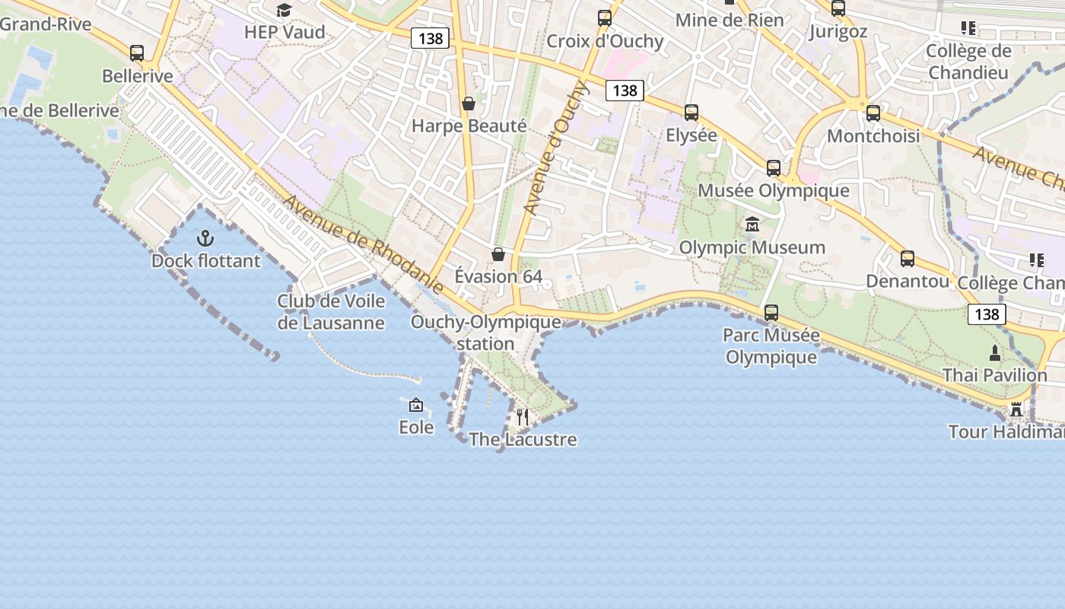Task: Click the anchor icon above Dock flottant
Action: tap(205, 238)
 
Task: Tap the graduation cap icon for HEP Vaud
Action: tap(284, 10)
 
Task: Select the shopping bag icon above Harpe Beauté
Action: tap(469, 103)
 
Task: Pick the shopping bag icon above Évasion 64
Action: tap(498, 253)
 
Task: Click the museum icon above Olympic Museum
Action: tap(752, 225)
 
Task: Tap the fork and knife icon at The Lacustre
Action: tap(523, 417)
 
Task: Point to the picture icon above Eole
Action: tap(416, 405)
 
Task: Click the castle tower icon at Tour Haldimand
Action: tap(1016, 410)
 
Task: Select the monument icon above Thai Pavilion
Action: tap(995, 353)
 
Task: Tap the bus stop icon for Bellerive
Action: tap(137, 53)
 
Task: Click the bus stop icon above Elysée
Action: tap(691, 113)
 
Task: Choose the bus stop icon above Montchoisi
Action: tap(873, 113)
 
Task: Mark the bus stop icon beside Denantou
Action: tap(908, 259)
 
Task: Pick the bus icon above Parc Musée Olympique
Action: tap(771, 312)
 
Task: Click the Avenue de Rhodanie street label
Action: tap(364, 244)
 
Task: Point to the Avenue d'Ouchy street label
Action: tap(553, 148)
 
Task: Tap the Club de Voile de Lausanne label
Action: tap(331, 311)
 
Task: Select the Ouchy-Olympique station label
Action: tap(486, 333)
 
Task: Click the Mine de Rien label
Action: tap(730, 20)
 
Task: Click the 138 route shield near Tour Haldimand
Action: tap(987, 314)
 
